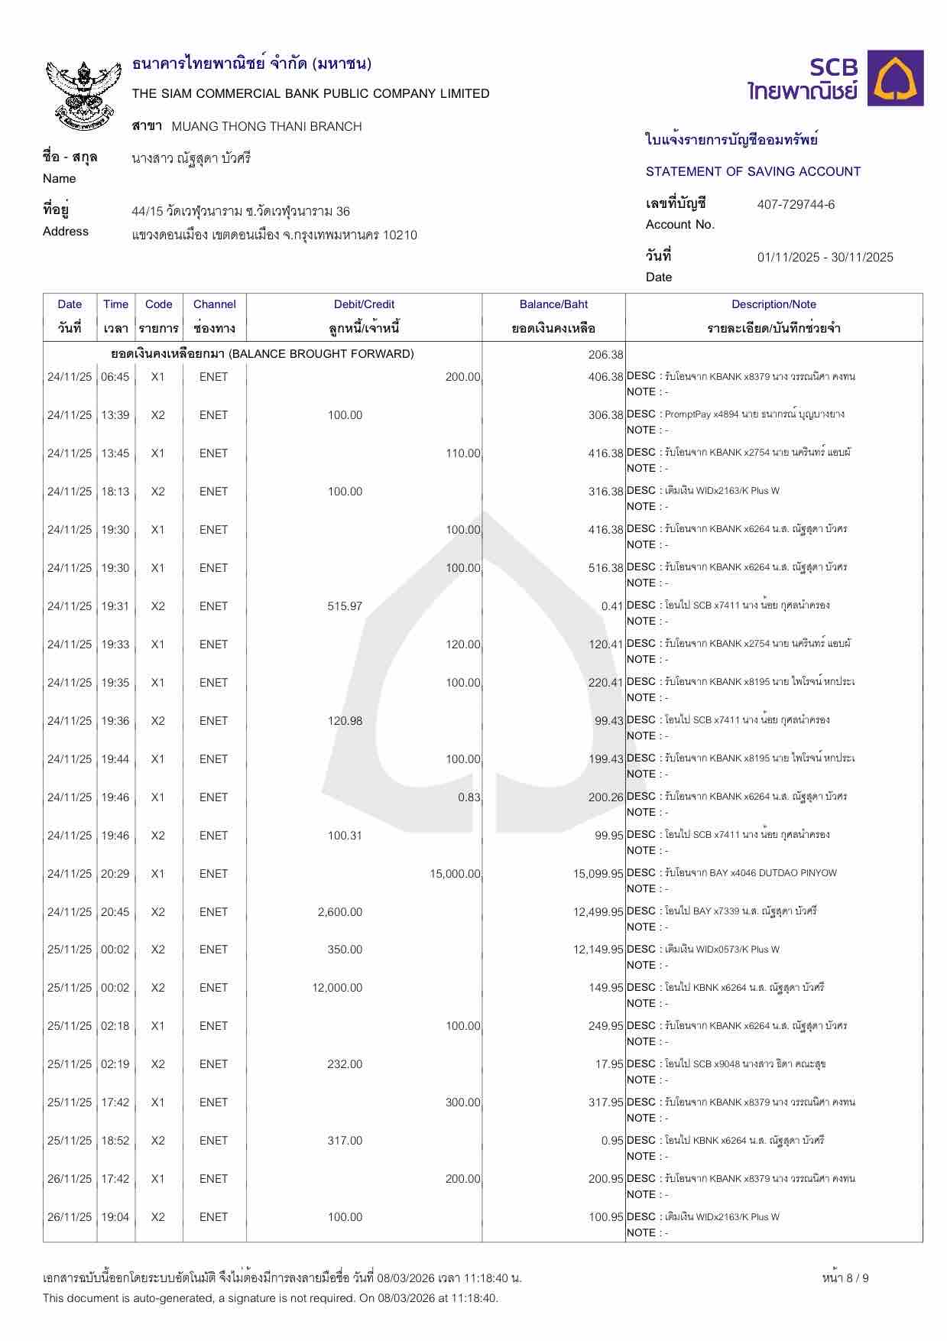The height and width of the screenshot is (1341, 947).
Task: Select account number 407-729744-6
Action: tap(796, 204)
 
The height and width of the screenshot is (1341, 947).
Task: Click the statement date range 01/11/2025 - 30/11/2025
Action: tap(825, 257)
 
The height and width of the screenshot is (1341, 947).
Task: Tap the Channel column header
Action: tap(214, 304)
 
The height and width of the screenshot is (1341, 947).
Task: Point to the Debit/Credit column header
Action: tap(364, 304)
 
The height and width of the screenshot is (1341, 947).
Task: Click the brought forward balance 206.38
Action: tap(606, 354)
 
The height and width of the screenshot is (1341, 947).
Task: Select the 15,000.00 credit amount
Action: tap(455, 874)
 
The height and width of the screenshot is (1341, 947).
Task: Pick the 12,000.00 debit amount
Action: tap(337, 988)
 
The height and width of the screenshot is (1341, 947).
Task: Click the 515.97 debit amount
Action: tap(345, 606)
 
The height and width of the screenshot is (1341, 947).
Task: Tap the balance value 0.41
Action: tap(612, 606)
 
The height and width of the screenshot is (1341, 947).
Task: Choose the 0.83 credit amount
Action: tap(469, 797)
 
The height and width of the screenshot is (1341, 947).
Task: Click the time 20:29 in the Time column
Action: tap(115, 874)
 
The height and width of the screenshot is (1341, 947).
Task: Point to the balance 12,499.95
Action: tap(598, 912)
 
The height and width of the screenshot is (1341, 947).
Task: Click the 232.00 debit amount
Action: tap(345, 1064)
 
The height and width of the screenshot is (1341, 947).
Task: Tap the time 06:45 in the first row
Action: tap(115, 377)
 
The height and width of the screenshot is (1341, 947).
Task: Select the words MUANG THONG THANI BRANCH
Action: tap(267, 126)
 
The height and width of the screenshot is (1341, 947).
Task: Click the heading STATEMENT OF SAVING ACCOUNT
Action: tap(753, 171)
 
